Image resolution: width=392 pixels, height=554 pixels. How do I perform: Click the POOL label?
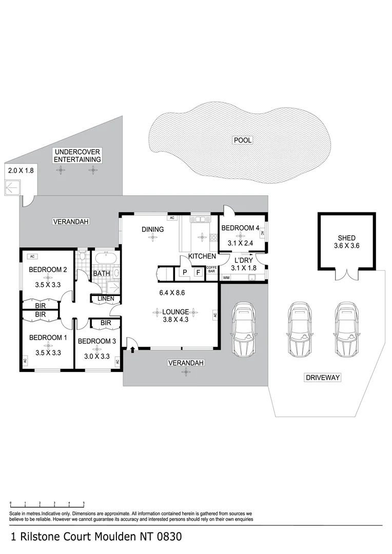(x=243, y=140)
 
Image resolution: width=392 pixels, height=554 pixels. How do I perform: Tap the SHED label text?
(x=346, y=238)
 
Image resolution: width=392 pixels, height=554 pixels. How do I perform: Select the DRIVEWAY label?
(x=323, y=378)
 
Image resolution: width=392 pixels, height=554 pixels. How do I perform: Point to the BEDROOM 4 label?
(x=240, y=228)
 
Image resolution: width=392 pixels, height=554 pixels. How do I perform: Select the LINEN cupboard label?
(x=106, y=299)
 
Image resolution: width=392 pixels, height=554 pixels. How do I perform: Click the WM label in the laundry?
(x=226, y=278)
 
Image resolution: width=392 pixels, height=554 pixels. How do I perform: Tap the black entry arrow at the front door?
(x=133, y=350)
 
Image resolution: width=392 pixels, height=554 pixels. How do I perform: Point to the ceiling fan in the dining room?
(x=152, y=236)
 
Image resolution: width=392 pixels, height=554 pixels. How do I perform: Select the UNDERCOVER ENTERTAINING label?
(x=77, y=155)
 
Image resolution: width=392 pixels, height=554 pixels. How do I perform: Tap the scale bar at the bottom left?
(x=47, y=504)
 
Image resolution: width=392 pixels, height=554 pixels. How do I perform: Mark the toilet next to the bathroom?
(x=82, y=255)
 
